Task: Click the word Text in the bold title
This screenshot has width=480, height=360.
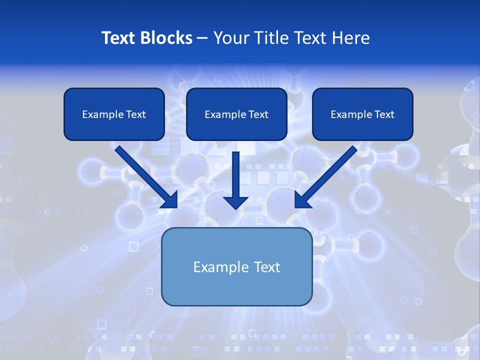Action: [118, 38]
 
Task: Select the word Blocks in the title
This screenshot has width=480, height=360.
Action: [165, 38]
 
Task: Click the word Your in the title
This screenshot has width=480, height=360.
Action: [230, 38]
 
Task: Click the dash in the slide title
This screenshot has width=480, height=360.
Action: [202, 38]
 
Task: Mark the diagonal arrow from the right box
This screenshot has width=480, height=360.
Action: [330, 172]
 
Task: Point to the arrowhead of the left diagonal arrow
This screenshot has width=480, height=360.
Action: [170, 200]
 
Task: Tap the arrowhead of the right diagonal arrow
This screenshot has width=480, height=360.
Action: [302, 200]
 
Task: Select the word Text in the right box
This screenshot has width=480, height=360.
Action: [384, 114]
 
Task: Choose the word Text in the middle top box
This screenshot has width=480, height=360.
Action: [258, 114]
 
